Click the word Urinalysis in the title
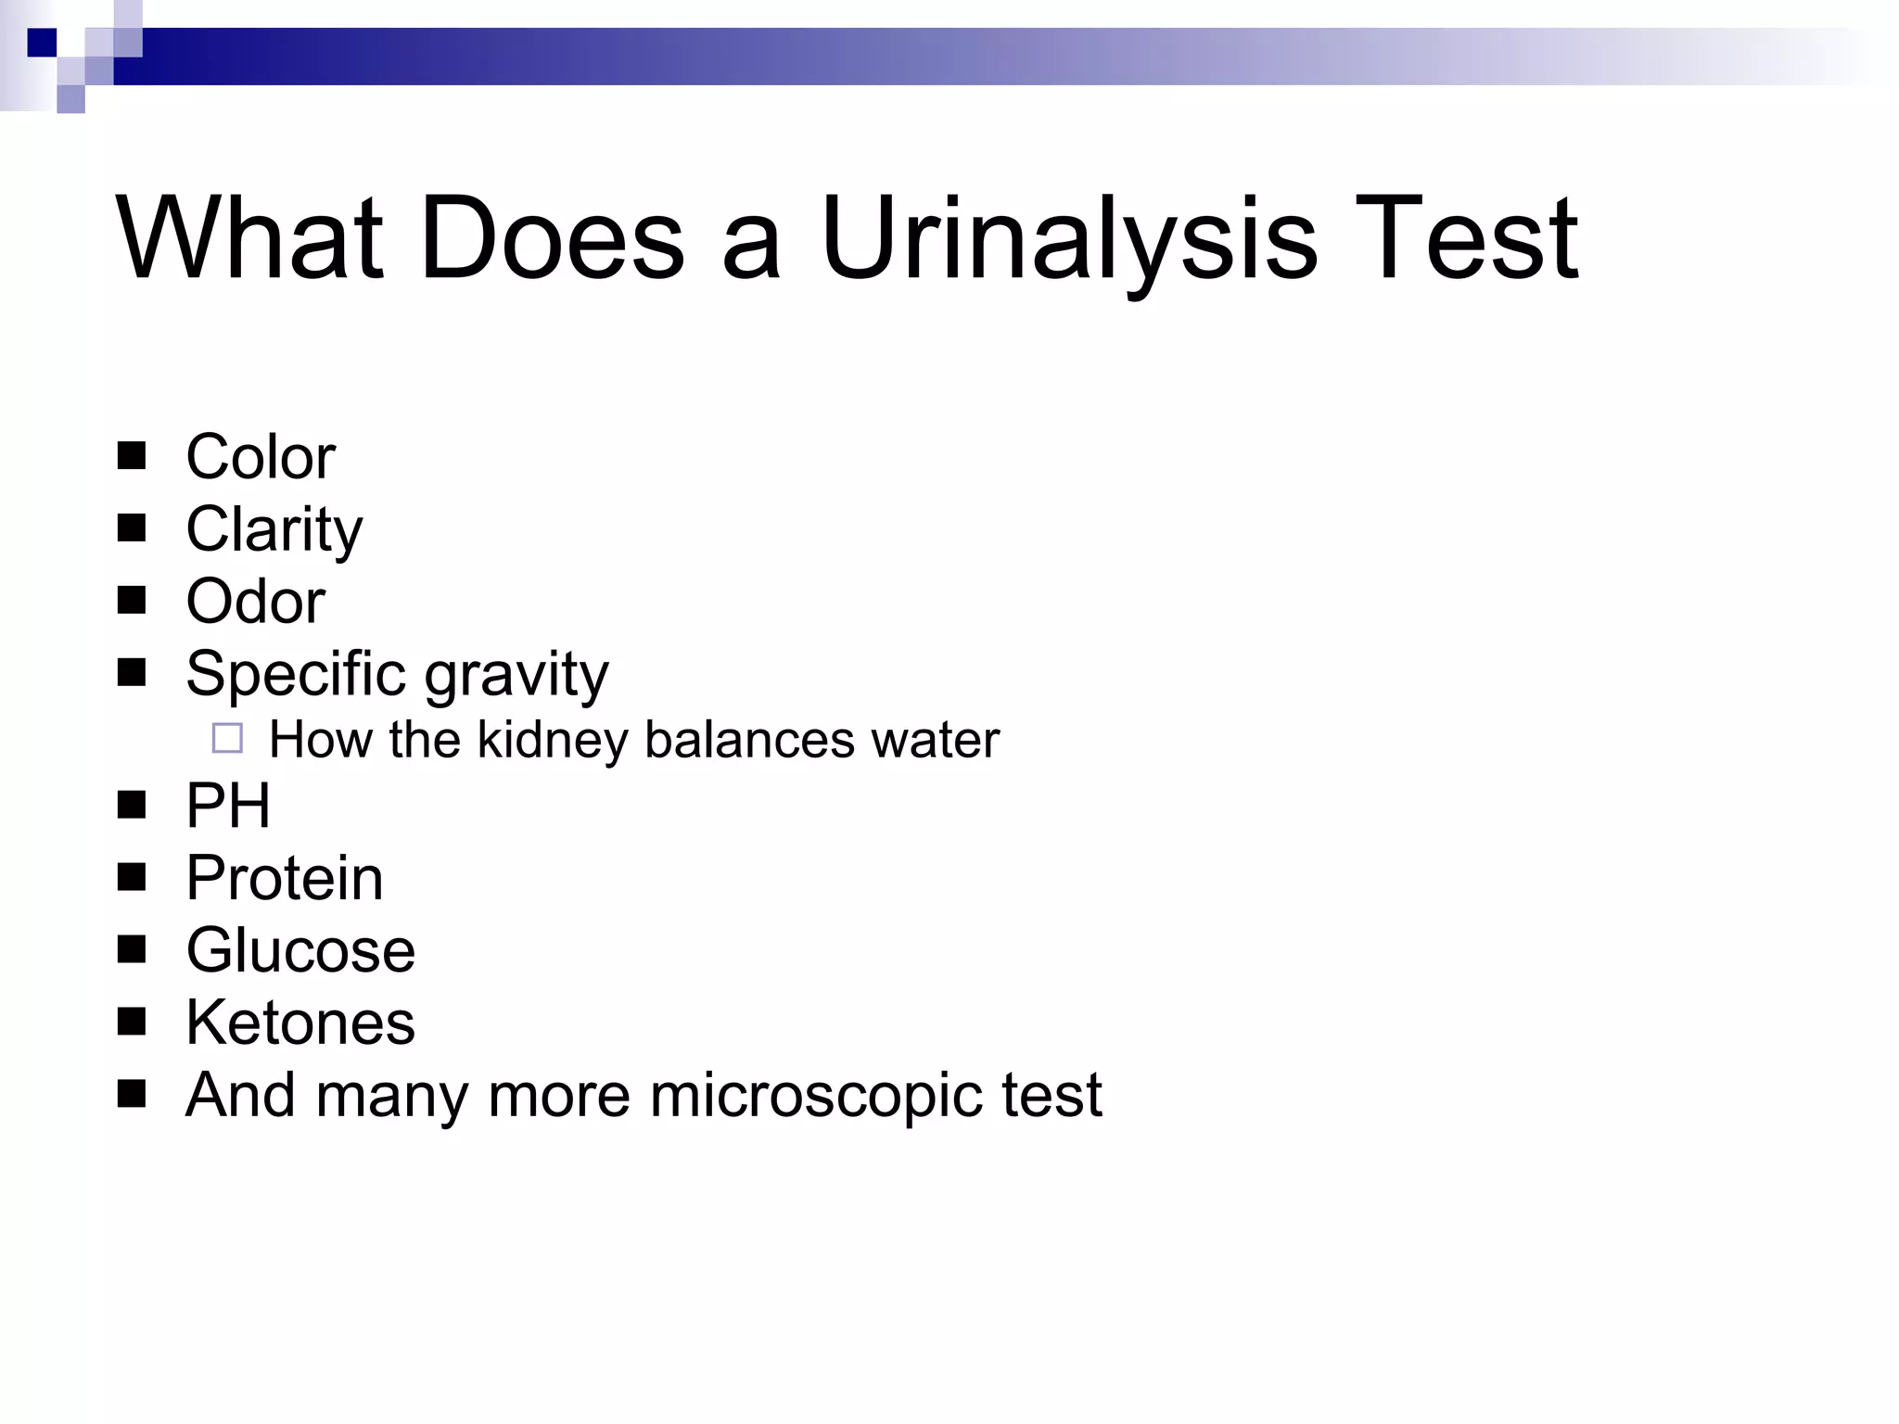pyautogui.click(x=1067, y=239)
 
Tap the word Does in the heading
pyautogui.click(x=552, y=239)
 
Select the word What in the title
pyautogui.click(x=249, y=239)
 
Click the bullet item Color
pyautogui.click(x=260, y=457)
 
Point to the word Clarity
pyautogui.click(x=274, y=529)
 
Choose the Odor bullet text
pyautogui.click(x=255, y=602)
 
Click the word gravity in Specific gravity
pyautogui.click(x=516, y=674)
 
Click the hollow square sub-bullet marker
pyautogui.click(x=227, y=738)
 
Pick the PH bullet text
pyautogui.click(x=228, y=805)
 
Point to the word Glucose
pyautogui.click(x=300, y=950)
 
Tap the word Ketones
pyautogui.click(x=300, y=1023)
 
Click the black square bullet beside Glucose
pyautogui.click(x=132, y=949)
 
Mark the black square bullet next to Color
pyautogui.click(x=132, y=456)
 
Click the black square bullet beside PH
pyautogui.click(x=132, y=805)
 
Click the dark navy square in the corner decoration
pyautogui.click(x=42, y=43)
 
